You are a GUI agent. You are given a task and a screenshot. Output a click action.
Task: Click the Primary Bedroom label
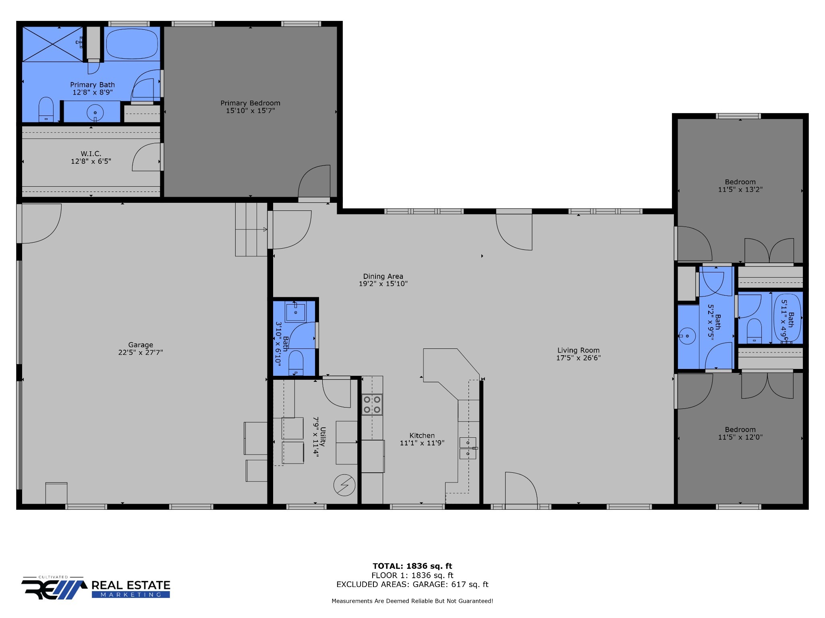click(250, 103)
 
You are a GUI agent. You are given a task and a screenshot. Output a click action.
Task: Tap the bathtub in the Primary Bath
click(131, 43)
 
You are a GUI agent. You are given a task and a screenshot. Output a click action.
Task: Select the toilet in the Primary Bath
click(46, 109)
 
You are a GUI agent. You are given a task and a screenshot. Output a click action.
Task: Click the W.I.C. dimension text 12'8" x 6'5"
click(91, 161)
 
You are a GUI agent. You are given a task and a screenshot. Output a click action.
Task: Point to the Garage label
click(141, 345)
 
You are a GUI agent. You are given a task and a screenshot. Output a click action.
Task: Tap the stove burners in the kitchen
click(372, 404)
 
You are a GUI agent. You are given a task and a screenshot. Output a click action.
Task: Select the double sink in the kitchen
click(468, 448)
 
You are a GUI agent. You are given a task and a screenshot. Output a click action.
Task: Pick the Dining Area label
click(383, 276)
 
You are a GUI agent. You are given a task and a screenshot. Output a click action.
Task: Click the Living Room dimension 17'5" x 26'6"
click(578, 358)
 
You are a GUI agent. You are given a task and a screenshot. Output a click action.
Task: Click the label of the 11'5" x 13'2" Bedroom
click(740, 182)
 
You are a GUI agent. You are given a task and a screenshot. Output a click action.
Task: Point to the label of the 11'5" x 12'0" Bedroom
click(740, 430)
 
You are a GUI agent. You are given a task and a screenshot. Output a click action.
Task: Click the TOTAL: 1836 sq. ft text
click(412, 566)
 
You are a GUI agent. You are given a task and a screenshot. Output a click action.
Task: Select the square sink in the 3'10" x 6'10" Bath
click(296, 312)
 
